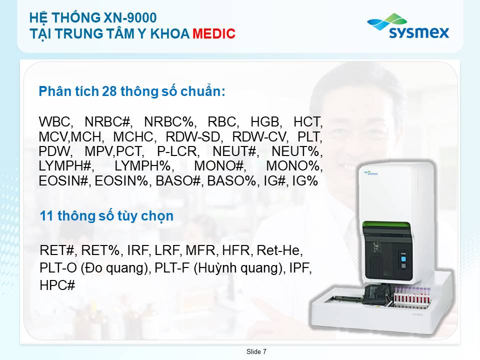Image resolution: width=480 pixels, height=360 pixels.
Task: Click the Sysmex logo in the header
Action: (408, 26)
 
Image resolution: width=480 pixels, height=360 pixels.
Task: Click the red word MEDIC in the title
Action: (213, 33)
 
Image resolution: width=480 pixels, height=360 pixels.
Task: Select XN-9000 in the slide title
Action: (130, 18)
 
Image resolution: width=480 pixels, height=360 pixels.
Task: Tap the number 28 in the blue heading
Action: (109, 91)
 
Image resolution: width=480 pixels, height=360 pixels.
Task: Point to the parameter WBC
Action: (55, 122)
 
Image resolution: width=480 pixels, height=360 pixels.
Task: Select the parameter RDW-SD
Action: (193, 137)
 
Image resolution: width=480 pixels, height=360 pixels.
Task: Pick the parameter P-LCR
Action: (178, 151)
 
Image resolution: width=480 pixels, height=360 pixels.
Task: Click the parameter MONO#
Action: (219, 166)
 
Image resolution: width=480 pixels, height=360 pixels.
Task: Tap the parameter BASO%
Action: (231, 181)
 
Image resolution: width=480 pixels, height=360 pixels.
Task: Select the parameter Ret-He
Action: (279, 250)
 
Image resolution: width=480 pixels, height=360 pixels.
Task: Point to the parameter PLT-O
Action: (58, 268)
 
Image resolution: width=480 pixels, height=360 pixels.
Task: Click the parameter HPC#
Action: (57, 285)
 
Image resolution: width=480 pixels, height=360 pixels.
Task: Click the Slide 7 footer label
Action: (256, 351)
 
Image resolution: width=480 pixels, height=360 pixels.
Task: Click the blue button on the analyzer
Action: (403, 259)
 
